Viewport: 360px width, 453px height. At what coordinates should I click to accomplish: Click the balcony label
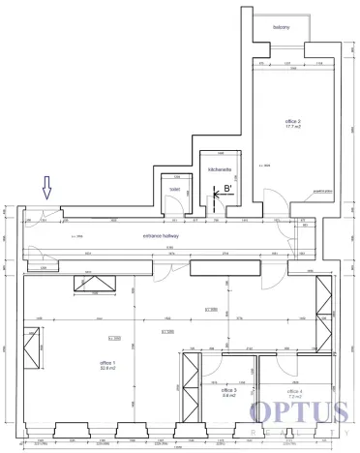click(x=283, y=26)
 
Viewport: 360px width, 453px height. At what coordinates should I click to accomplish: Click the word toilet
click(x=175, y=190)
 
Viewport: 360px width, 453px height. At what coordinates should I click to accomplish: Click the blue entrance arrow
click(x=45, y=186)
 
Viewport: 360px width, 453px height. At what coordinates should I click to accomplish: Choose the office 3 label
click(x=229, y=389)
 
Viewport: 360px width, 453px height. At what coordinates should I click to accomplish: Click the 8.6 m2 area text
click(x=229, y=396)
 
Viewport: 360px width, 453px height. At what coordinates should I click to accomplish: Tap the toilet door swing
click(x=175, y=203)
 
